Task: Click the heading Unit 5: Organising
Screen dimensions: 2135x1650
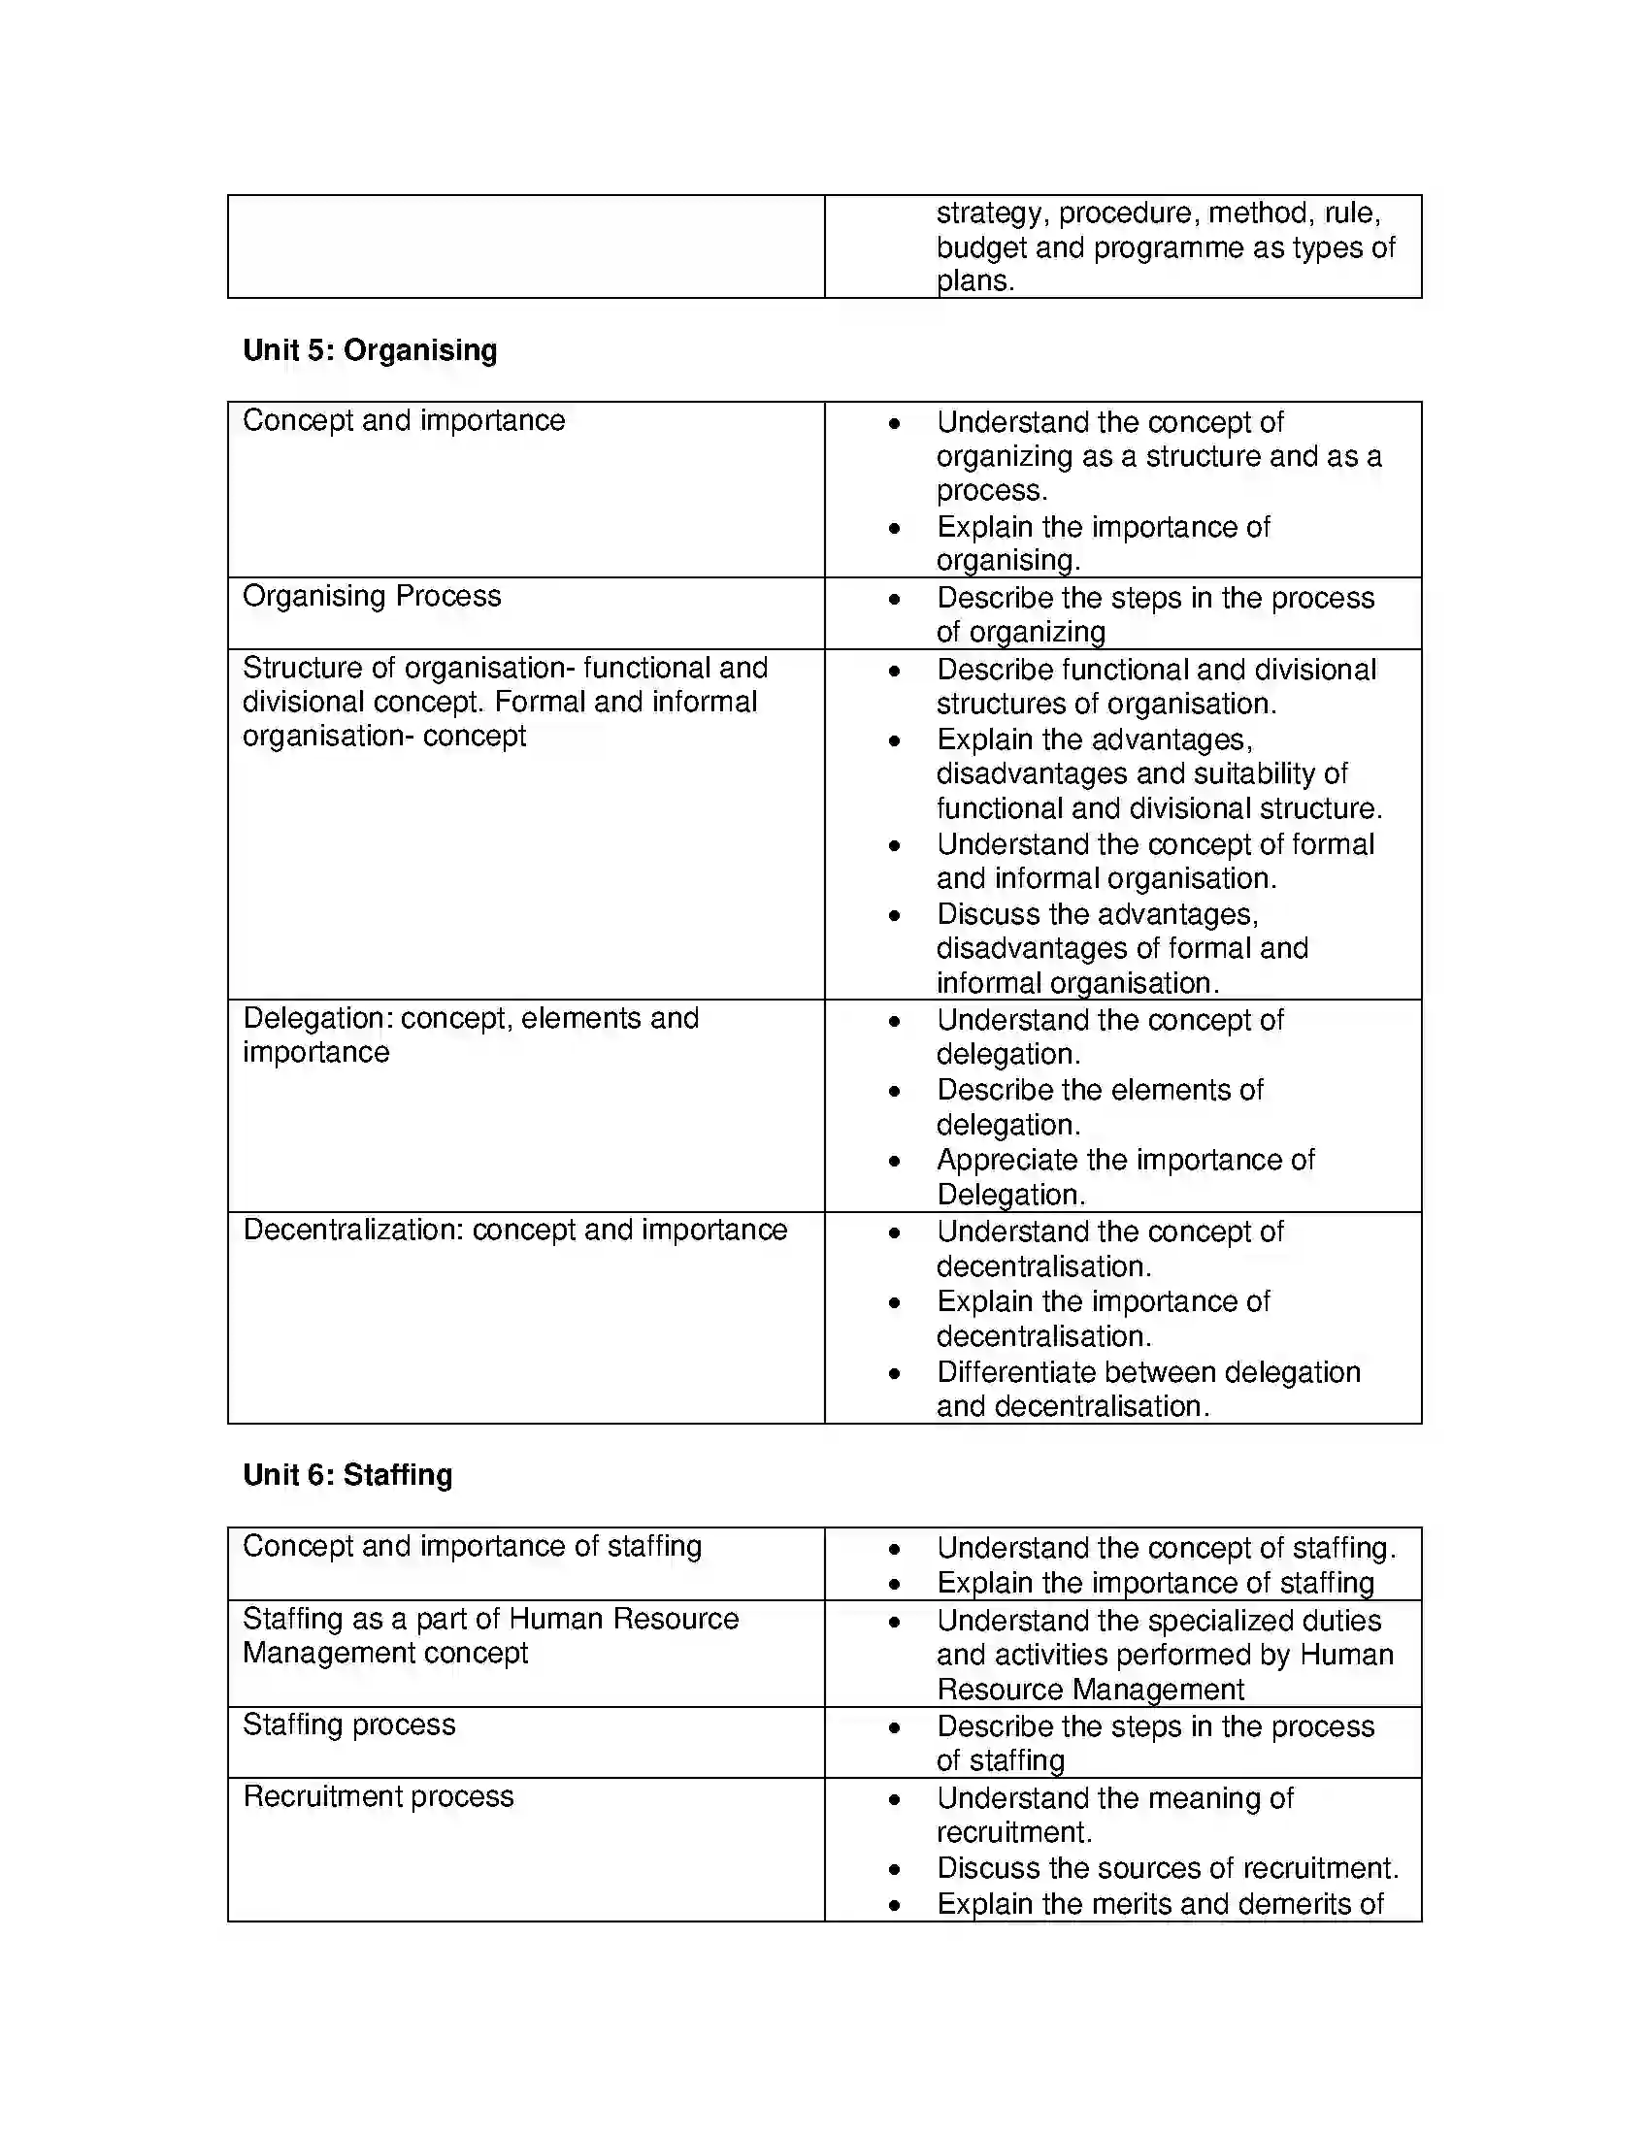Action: click(370, 350)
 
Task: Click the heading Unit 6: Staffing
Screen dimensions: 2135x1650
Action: click(347, 1474)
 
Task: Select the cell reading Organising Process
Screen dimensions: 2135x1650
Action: click(372, 595)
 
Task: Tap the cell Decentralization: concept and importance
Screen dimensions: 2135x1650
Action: click(514, 1230)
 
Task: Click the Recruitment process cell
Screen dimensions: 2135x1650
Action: click(378, 1796)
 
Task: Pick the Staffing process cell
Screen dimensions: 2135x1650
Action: click(349, 1724)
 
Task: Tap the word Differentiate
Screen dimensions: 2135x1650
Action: click(1026, 1372)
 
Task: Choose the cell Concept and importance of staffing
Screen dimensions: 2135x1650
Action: click(471, 1547)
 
